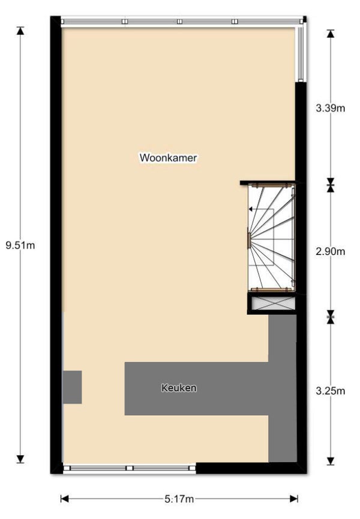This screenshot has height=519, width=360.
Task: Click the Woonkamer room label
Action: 168,158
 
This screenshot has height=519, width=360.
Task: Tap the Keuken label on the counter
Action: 179,388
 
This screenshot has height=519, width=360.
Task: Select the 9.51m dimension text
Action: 20,245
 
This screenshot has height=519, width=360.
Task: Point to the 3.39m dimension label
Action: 330,108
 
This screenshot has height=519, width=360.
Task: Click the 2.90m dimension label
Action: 330,251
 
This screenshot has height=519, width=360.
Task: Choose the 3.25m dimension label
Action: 330,391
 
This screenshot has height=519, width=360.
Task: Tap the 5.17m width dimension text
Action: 179,499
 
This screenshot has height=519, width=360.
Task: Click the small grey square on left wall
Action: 73,387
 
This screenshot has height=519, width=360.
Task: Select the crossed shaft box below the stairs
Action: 272,304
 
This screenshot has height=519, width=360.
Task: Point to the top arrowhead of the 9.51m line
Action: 20,31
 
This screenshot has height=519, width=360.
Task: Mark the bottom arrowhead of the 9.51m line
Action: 20,459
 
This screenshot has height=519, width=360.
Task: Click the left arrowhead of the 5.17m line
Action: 65,499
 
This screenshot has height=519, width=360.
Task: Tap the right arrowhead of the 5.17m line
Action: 294,499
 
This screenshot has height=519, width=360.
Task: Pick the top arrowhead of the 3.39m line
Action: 330,34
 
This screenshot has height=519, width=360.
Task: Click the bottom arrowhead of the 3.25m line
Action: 330,461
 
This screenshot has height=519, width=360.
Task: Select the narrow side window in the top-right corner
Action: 301,53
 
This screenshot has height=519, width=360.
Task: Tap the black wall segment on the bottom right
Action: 251,468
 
